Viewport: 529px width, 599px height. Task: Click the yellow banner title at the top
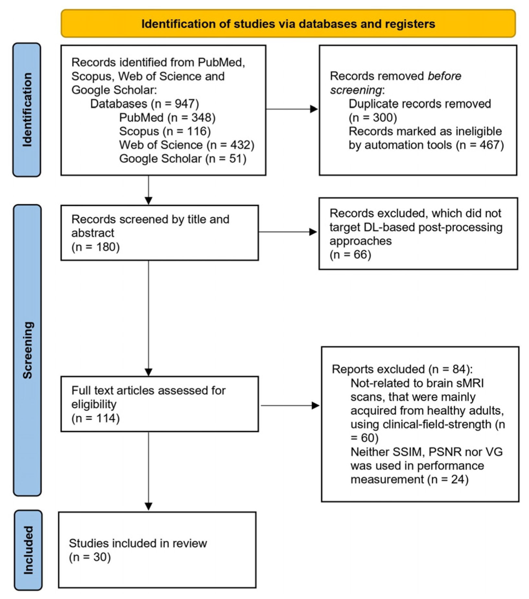(288, 24)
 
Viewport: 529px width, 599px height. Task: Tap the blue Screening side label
(28, 350)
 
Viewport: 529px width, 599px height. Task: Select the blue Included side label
(28, 550)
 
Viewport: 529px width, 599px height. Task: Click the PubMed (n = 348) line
(167, 117)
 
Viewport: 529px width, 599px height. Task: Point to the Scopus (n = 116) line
(165, 131)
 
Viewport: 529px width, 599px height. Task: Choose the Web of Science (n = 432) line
(187, 145)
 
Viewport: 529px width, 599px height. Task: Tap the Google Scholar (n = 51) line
(183, 159)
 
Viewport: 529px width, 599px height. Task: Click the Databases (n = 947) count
(175, 104)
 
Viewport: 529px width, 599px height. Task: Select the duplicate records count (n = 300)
(373, 117)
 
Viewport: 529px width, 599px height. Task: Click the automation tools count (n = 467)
(480, 145)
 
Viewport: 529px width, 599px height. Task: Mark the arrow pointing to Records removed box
(292, 109)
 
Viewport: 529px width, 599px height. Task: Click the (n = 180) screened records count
(96, 247)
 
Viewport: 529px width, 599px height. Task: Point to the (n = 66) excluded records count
(350, 254)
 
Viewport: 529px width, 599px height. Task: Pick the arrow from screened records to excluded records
(288, 232)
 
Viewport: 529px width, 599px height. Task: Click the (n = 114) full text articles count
(96, 418)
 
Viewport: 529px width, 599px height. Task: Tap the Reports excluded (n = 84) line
(402, 369)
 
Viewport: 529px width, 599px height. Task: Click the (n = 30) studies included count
(90, 557)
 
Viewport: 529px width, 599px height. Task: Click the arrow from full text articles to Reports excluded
(290, 405)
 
